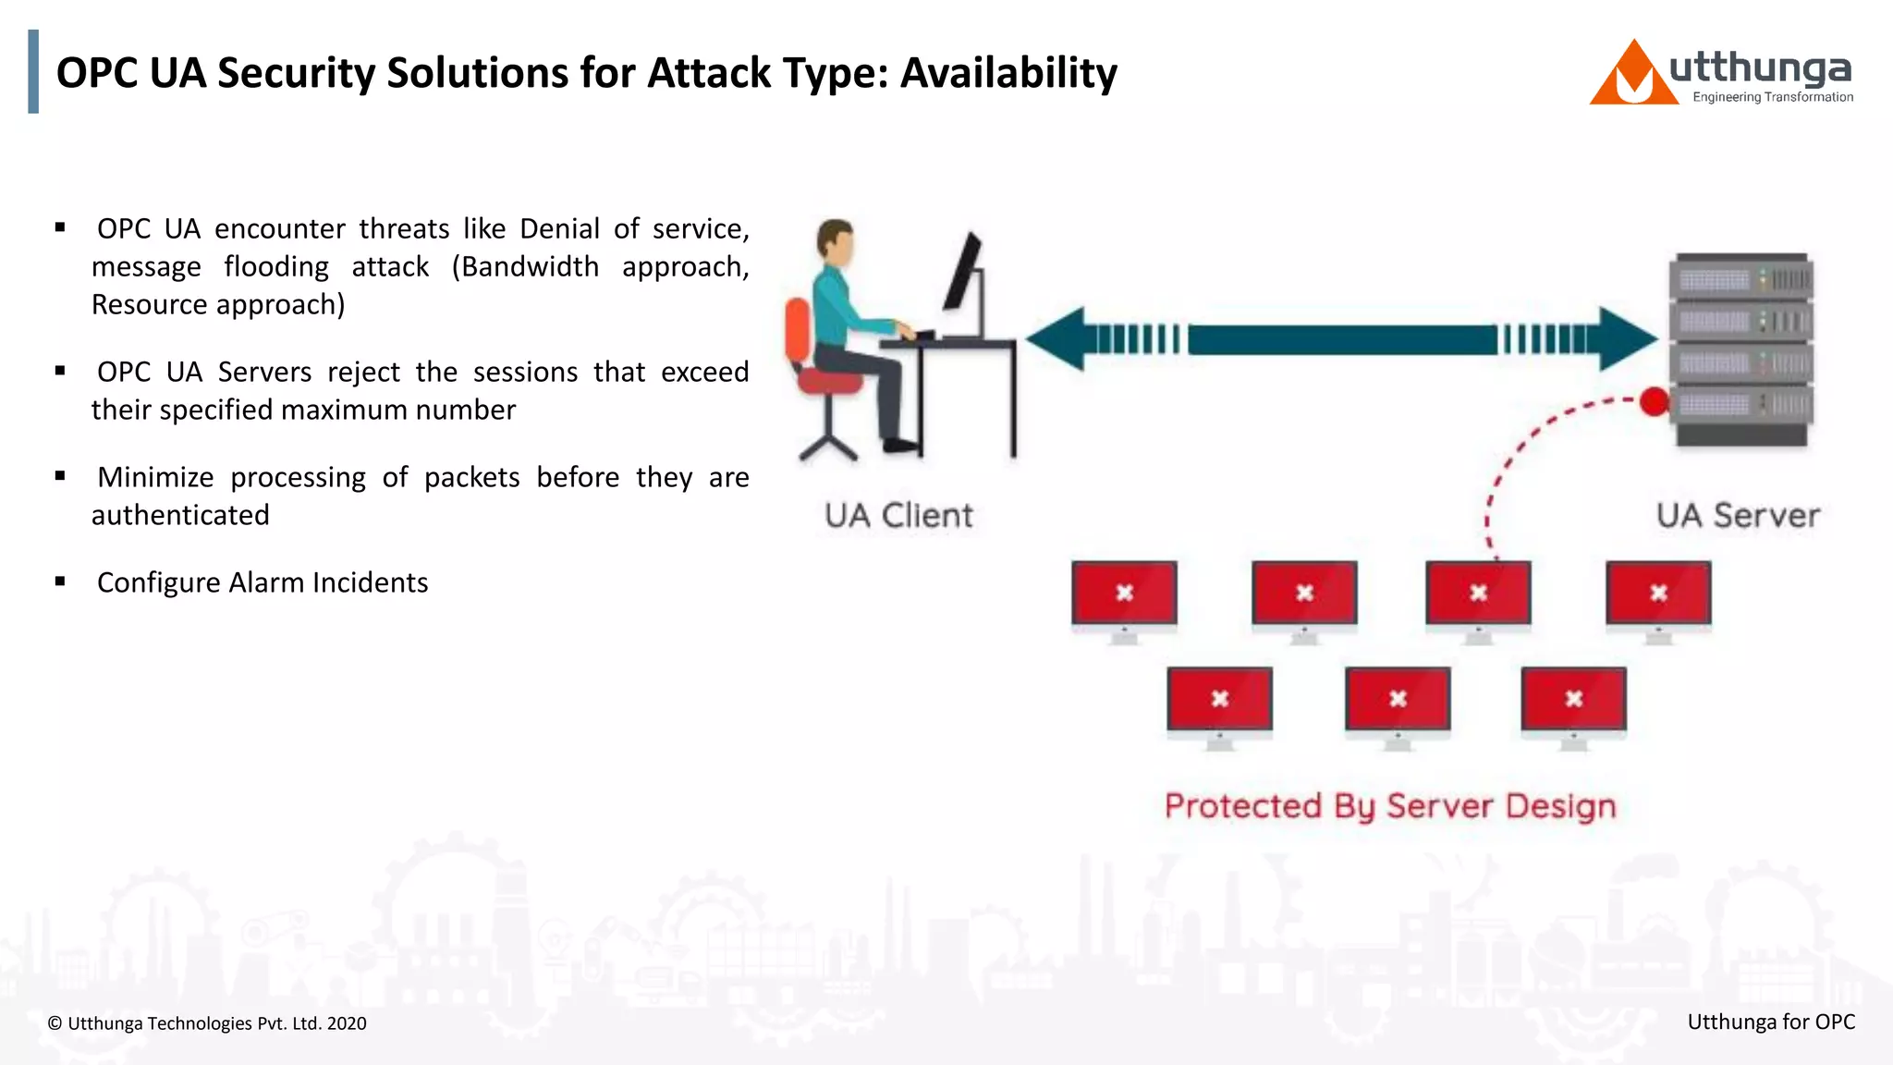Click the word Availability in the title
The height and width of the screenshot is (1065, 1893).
pos(1008,74)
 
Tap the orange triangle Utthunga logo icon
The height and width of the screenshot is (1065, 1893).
pos(1632,77)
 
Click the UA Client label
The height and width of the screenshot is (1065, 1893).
pos(898,515)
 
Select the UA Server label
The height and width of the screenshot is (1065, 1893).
pos(1738,515)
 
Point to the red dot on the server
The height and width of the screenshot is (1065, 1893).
pos(1654,402)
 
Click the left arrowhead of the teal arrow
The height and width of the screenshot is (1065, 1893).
pos(1056,339)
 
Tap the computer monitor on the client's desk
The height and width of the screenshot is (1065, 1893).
pos(964,274)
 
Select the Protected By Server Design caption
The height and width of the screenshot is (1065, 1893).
pos(1390,806)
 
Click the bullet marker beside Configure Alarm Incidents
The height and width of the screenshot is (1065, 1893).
pos(60,581)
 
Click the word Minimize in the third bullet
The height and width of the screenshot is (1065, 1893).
pos(155,477)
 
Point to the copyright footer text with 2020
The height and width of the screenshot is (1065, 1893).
pos(207,1023)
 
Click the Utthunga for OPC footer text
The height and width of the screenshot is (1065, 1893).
pos(1771,1022)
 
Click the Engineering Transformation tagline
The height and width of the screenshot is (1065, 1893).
pos(1772,97)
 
